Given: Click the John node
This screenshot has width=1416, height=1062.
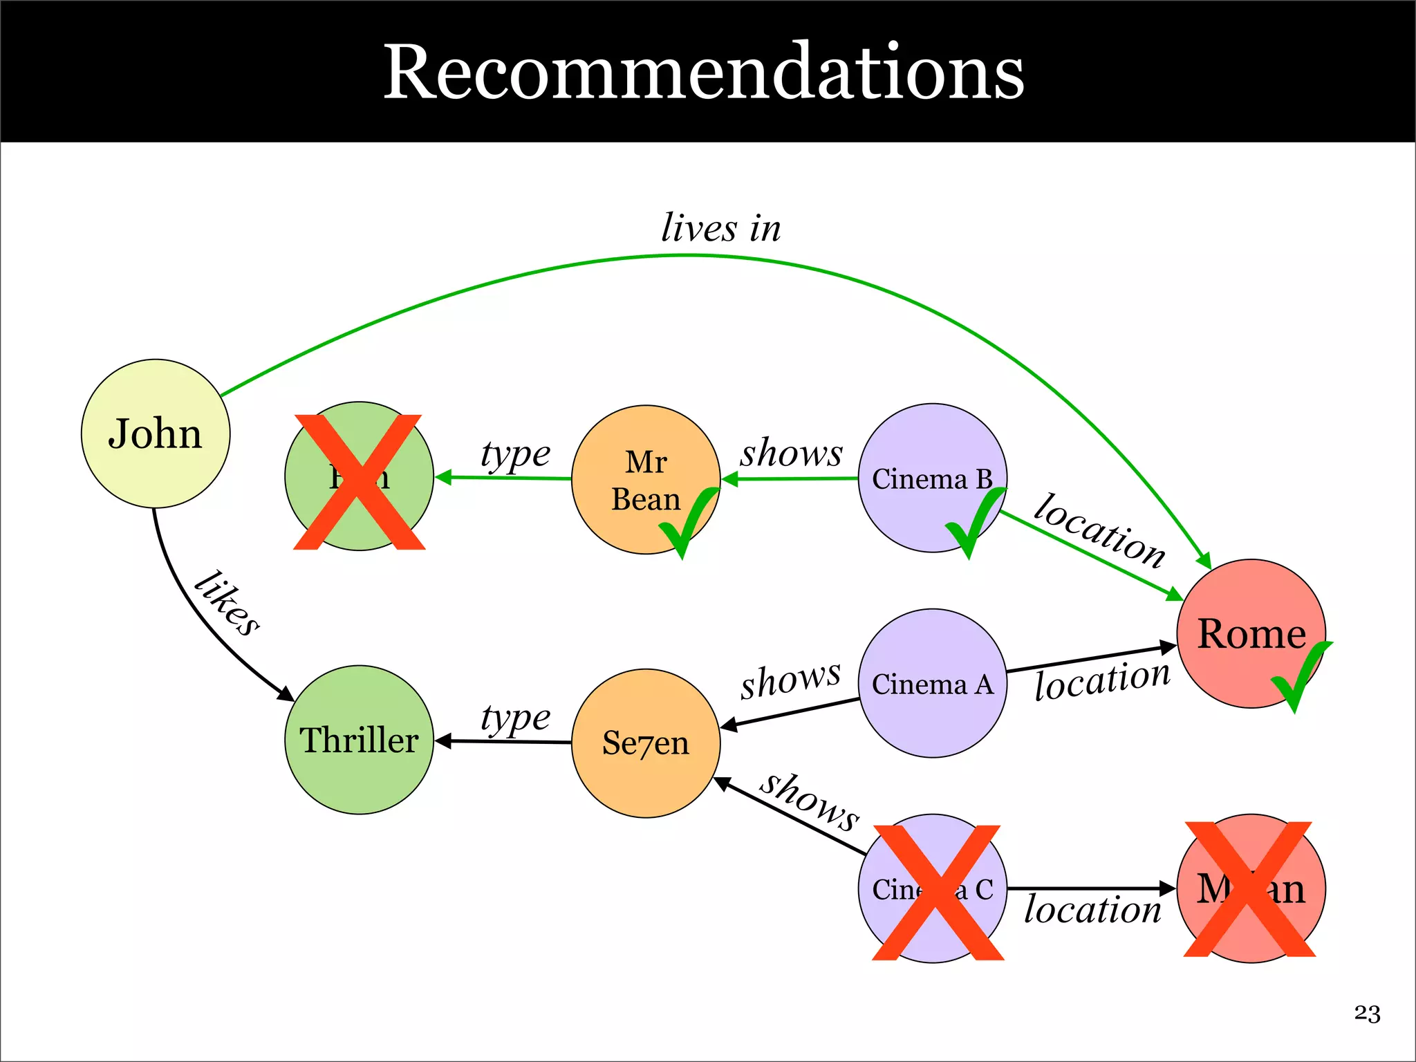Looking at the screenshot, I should (156, 434).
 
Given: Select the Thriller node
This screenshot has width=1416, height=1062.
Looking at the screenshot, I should (359, 740).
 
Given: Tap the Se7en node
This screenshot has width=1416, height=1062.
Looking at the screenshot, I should (646, 743).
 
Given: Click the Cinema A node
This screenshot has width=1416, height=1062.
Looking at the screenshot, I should (932, 683).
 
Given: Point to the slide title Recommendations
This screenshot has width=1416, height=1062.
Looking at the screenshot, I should (703, 72).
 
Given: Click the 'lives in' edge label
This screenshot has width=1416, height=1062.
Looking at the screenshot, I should (721, 227).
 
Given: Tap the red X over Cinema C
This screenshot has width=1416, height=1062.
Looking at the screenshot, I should (938, 892).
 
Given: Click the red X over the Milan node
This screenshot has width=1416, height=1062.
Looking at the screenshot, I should (1249, 889).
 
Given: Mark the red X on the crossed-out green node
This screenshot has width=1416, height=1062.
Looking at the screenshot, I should (359, 482).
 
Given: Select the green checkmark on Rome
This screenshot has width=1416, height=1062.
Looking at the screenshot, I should (1300, 674).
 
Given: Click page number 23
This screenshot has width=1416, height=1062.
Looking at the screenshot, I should (1367, 1014).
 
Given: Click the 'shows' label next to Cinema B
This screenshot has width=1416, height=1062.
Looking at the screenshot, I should (792, 453).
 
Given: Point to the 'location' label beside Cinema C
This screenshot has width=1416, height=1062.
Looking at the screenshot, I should (1092, 910).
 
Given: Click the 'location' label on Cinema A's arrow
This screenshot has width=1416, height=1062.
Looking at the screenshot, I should (1102, 680).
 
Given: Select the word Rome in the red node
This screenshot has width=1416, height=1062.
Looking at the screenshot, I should (1251, 633).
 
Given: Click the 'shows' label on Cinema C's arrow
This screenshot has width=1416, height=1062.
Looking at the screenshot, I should (810, 801).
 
